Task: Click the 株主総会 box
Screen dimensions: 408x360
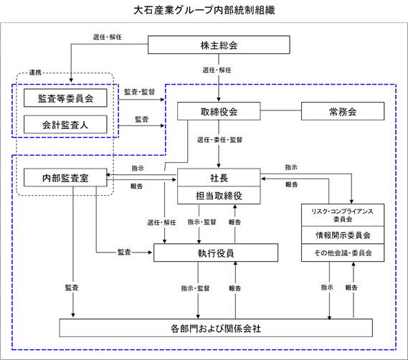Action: point(219,44)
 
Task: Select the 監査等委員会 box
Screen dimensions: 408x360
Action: point(65,98)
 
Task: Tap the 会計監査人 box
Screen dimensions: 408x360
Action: point(65,125)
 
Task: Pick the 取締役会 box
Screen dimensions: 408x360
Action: point(219,111)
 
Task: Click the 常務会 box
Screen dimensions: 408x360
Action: point(343,111)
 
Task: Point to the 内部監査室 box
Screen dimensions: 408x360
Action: point(65,178)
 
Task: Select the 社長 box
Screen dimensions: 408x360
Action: point(219,177)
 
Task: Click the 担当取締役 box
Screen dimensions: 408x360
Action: point(219,195)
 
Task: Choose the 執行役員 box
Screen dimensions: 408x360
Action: point(216,252)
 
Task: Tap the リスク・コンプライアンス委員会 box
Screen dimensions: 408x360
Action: point(343,215)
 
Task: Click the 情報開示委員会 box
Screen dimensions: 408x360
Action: point(343,235)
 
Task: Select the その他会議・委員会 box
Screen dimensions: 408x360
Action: point(343,252)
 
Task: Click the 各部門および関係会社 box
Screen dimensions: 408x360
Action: point(216,328)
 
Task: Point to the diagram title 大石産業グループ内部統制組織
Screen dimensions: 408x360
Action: point(204,11)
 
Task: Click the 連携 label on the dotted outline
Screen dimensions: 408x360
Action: point(35,72)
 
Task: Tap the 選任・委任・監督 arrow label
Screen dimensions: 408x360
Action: point(219,140)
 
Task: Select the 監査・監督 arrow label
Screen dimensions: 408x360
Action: point(140,92)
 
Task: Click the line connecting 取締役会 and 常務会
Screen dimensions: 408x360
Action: point(281,110)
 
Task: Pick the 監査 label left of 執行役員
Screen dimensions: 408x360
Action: point(124,252)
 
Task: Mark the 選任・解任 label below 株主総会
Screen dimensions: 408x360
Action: point(217,70)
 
